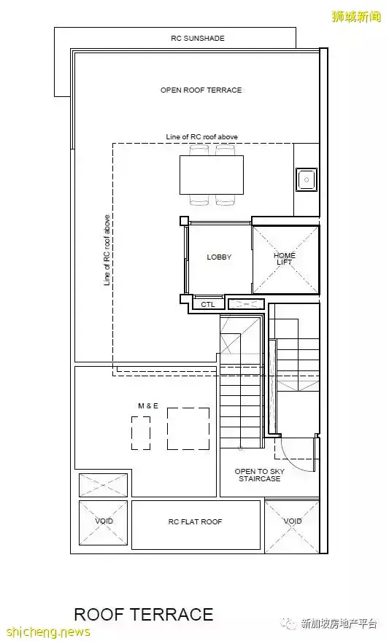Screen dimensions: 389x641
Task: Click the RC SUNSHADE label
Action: point(198,39)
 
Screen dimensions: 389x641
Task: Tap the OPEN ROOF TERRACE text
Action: point(201,90)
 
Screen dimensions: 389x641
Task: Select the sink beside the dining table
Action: point(307,179)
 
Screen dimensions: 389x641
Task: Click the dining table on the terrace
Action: point(212,174)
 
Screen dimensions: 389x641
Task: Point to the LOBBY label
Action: point(219,257)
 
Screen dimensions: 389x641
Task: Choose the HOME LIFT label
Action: point(285,259)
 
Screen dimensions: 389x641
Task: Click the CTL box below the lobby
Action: point(208,304)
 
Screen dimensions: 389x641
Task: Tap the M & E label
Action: point(148,406)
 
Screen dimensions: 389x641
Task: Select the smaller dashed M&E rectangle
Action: point(141,433)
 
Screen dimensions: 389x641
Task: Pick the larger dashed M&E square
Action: point(188,428)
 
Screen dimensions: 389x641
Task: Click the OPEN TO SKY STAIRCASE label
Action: point(259,475)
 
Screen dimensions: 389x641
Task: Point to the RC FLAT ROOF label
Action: point(195,521)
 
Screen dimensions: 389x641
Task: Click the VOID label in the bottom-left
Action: point(104,521)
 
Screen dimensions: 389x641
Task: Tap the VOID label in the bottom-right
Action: point(293,521)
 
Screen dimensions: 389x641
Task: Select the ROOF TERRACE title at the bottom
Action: point(144,615)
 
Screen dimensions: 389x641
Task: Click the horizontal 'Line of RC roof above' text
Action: point(201,137)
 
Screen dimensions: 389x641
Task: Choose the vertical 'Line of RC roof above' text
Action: point(107,250)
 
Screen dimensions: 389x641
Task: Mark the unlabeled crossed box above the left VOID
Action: point(103,485)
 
